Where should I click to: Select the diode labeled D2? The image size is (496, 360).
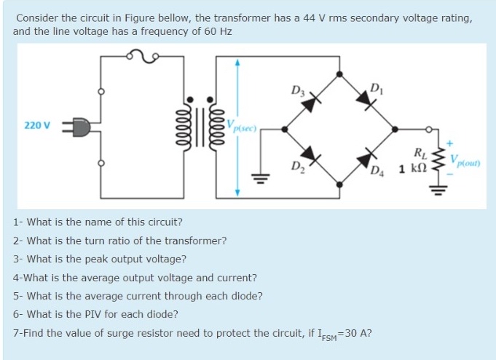[311, 154]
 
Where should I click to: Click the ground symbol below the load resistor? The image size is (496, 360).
[438, 192]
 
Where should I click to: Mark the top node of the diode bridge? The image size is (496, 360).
[339, 74]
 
